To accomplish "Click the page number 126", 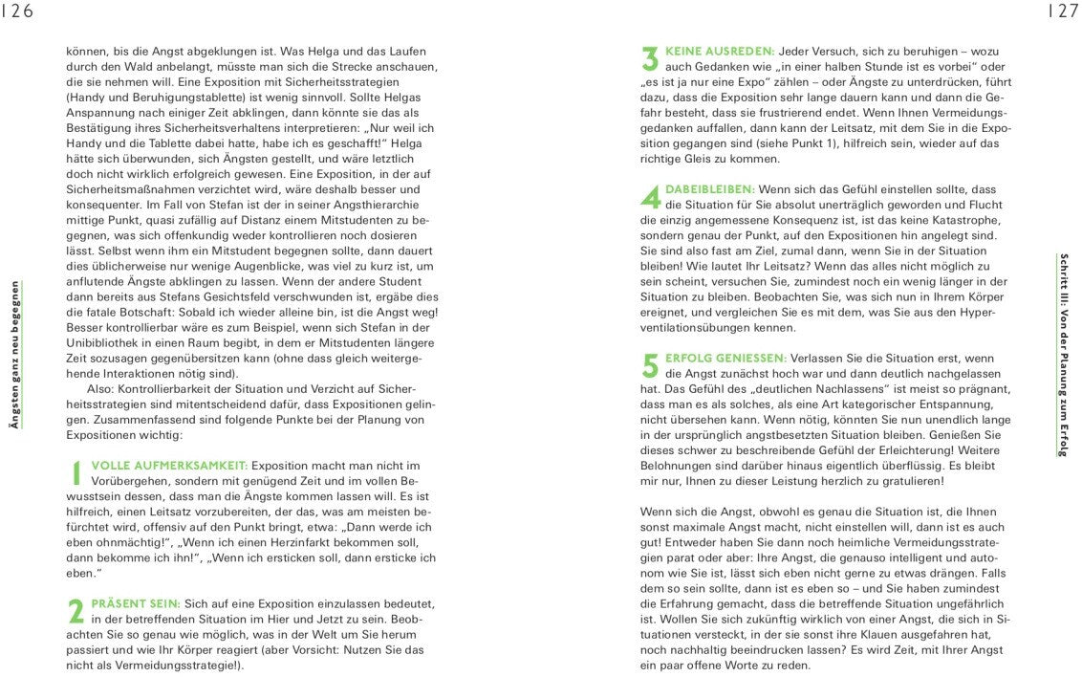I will (x=16, y=11).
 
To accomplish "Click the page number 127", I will (x=1064, y=11).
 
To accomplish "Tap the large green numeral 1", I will (x=76, y=472).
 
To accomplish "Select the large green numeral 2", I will (x=76, y=611).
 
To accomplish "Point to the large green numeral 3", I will (x=651, y=58).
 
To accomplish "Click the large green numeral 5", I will (x=651, y=364).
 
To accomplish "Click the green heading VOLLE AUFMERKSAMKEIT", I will (x=169, y=466).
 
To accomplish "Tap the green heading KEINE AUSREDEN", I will (x=720, y=51).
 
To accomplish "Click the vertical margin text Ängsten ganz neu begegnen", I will (x=13, y=359).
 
